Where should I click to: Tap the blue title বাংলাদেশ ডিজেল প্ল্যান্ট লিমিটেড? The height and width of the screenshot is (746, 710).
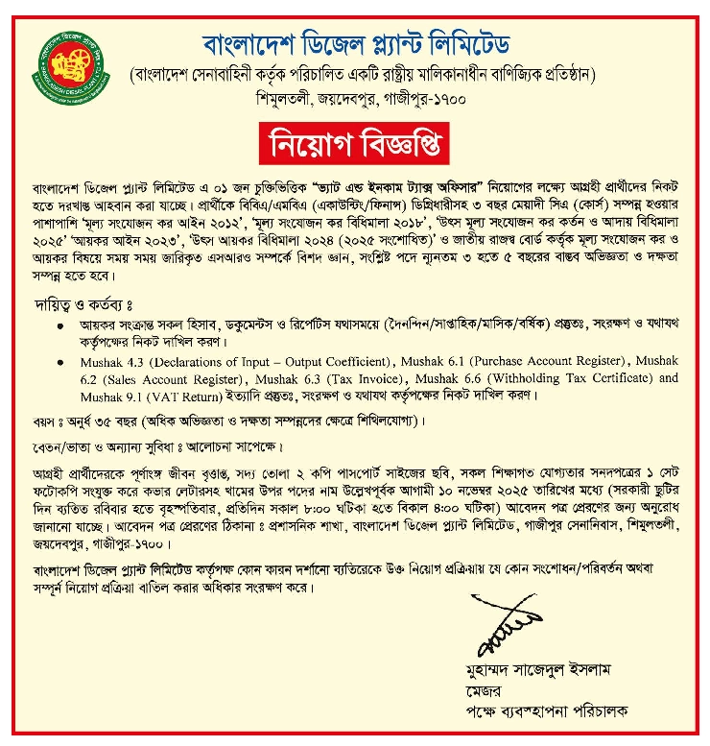(x=357, y=43)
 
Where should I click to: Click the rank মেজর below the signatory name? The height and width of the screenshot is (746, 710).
(x=480, y=690)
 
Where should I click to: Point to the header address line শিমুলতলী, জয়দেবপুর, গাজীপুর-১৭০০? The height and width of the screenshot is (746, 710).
(x=358, y=97)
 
